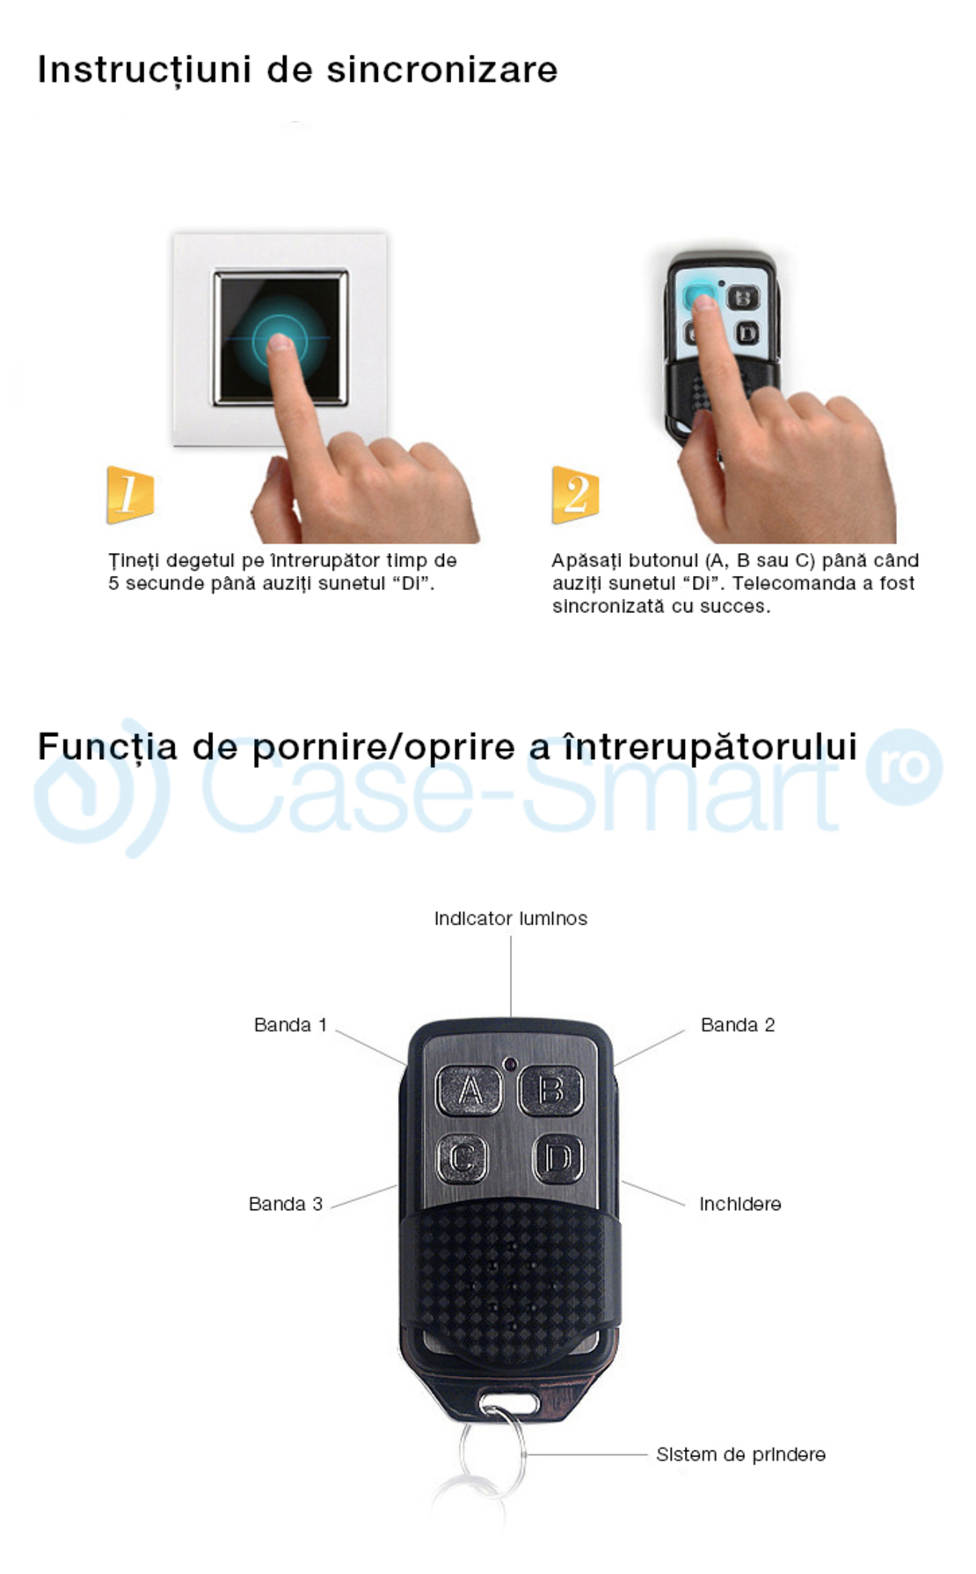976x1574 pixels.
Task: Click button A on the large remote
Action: point(469,1091)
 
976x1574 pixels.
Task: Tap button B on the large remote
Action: point(550,1091)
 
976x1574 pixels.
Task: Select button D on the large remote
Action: point(558,1159)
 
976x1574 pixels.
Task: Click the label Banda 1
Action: point(290,1025)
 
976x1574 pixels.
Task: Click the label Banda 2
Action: point(738,1025)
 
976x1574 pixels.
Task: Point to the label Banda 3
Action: point(286,1205)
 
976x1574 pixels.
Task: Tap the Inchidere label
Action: point(739,1205)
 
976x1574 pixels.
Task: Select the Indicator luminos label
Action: point(510,919)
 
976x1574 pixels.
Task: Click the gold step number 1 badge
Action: point(130,494)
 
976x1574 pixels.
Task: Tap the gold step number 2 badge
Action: point(575,494)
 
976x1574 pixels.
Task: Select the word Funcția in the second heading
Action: point(107,747)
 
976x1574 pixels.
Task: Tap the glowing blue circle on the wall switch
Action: point(280,339)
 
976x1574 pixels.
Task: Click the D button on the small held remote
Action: point(747,333)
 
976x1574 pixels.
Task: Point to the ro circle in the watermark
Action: point(904,767)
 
